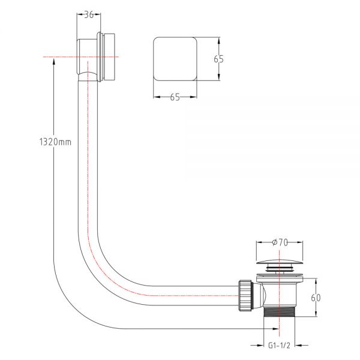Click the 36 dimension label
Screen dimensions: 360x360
click(89, 14)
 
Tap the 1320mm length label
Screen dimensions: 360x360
click(55, 142)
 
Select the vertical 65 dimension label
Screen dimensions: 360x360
click(218, 59)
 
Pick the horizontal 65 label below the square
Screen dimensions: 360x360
click(175, 97)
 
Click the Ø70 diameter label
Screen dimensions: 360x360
click(280, 242)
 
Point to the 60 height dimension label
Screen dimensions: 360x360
click(316, 298)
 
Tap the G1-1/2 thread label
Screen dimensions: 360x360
click(279, 345)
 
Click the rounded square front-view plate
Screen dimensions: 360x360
click(175, 59)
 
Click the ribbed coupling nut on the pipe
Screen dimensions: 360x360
click(246, 295)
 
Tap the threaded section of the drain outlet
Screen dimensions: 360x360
click(279, 311)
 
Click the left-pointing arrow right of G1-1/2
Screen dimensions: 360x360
click(301, 345)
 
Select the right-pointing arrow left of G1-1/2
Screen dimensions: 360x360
click(257, 345)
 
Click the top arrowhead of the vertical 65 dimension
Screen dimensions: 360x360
click(219, 41)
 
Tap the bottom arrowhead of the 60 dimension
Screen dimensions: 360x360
click(316, 313)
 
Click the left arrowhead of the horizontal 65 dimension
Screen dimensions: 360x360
click(157, 97)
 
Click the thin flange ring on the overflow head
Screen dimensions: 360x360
click(99, 57)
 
